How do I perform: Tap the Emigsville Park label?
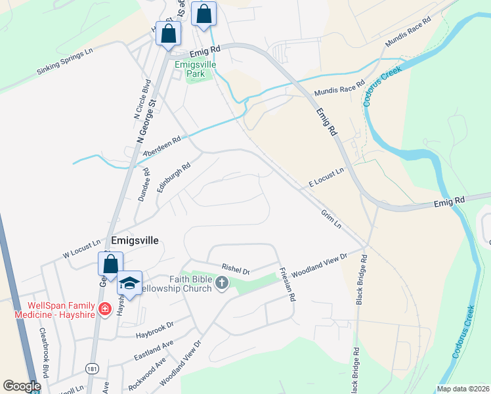[190, 69]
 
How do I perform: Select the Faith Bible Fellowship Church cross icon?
[222, 283]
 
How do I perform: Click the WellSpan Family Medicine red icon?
[104, 309]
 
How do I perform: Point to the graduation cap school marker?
[130, 283]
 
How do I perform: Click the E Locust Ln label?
[327, 179]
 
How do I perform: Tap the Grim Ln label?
[331, 219]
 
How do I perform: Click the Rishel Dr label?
[236, 269]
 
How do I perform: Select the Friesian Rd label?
[286, 284]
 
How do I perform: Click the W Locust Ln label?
[82, 248]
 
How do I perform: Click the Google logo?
[22, 386]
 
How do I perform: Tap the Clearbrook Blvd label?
[45, 352]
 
